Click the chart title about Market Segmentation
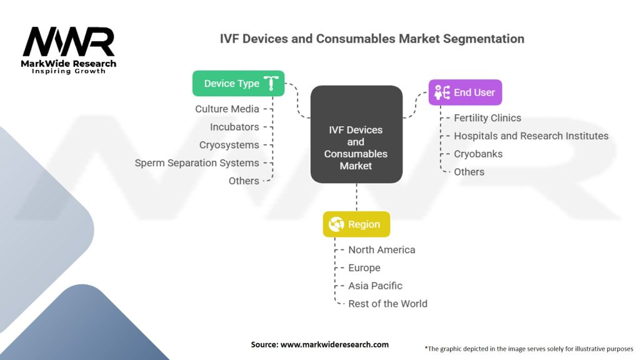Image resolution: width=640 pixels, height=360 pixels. pos(372,39)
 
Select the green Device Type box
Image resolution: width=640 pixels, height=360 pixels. pos(238,83)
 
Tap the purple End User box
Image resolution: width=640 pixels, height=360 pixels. pos(465,92)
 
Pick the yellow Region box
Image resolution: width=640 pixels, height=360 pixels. pos(356,224)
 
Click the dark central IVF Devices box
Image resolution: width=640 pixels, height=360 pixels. pos(356,147)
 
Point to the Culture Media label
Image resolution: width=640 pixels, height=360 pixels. pos(227,109)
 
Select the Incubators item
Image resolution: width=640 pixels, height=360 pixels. pos(234,127)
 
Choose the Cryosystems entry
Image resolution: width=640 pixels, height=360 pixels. pos(228,145)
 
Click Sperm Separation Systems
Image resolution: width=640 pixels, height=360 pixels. pos(197,163)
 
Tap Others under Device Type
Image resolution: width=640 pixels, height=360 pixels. pos(244,181)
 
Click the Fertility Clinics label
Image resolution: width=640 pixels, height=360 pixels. pos(487,118)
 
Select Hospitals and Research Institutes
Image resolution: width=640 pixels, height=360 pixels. pos(531,136)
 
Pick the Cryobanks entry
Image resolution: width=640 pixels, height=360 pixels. pos(478,154)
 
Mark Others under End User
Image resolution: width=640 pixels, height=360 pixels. pos(469,172)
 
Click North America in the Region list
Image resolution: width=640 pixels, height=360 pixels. pos(381,250)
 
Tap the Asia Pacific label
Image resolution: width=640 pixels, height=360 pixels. pos(375,286)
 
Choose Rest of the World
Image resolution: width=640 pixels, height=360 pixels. pos(387,304)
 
